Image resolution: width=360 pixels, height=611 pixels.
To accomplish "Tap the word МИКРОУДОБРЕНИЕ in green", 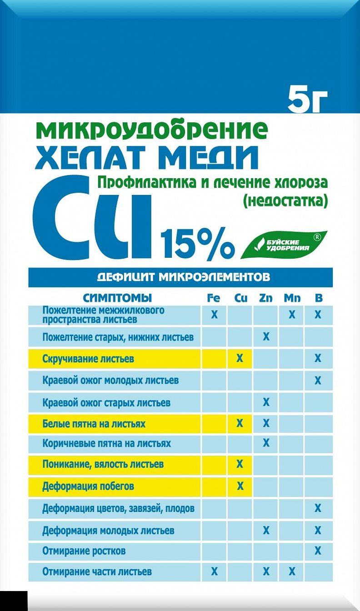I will click(151, 130).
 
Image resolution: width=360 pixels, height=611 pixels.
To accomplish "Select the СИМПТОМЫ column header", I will click(117, 298).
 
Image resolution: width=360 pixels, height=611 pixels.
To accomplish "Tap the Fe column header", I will click(214, 298).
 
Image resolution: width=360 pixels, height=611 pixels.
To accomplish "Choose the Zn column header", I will click(266, 298).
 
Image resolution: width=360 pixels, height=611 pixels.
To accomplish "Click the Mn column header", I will click(292, 298).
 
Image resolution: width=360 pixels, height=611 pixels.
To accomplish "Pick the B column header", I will click(318, 298).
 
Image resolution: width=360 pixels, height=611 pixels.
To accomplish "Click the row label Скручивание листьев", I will click(88, 359).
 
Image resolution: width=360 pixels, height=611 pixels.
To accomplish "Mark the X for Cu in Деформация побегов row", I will click(240, 486).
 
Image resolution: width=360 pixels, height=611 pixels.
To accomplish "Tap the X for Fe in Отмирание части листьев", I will click(214, 571).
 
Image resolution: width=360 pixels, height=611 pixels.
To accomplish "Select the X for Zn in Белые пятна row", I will click(266, 424).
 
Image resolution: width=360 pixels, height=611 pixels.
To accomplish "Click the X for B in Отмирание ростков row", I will click(318, 551).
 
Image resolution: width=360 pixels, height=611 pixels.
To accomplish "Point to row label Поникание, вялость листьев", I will click(103, 465).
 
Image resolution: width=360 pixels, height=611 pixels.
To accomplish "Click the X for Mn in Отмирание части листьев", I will click(292, 571).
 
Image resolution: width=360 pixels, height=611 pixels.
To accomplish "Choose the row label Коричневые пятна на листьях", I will click(106, 443).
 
